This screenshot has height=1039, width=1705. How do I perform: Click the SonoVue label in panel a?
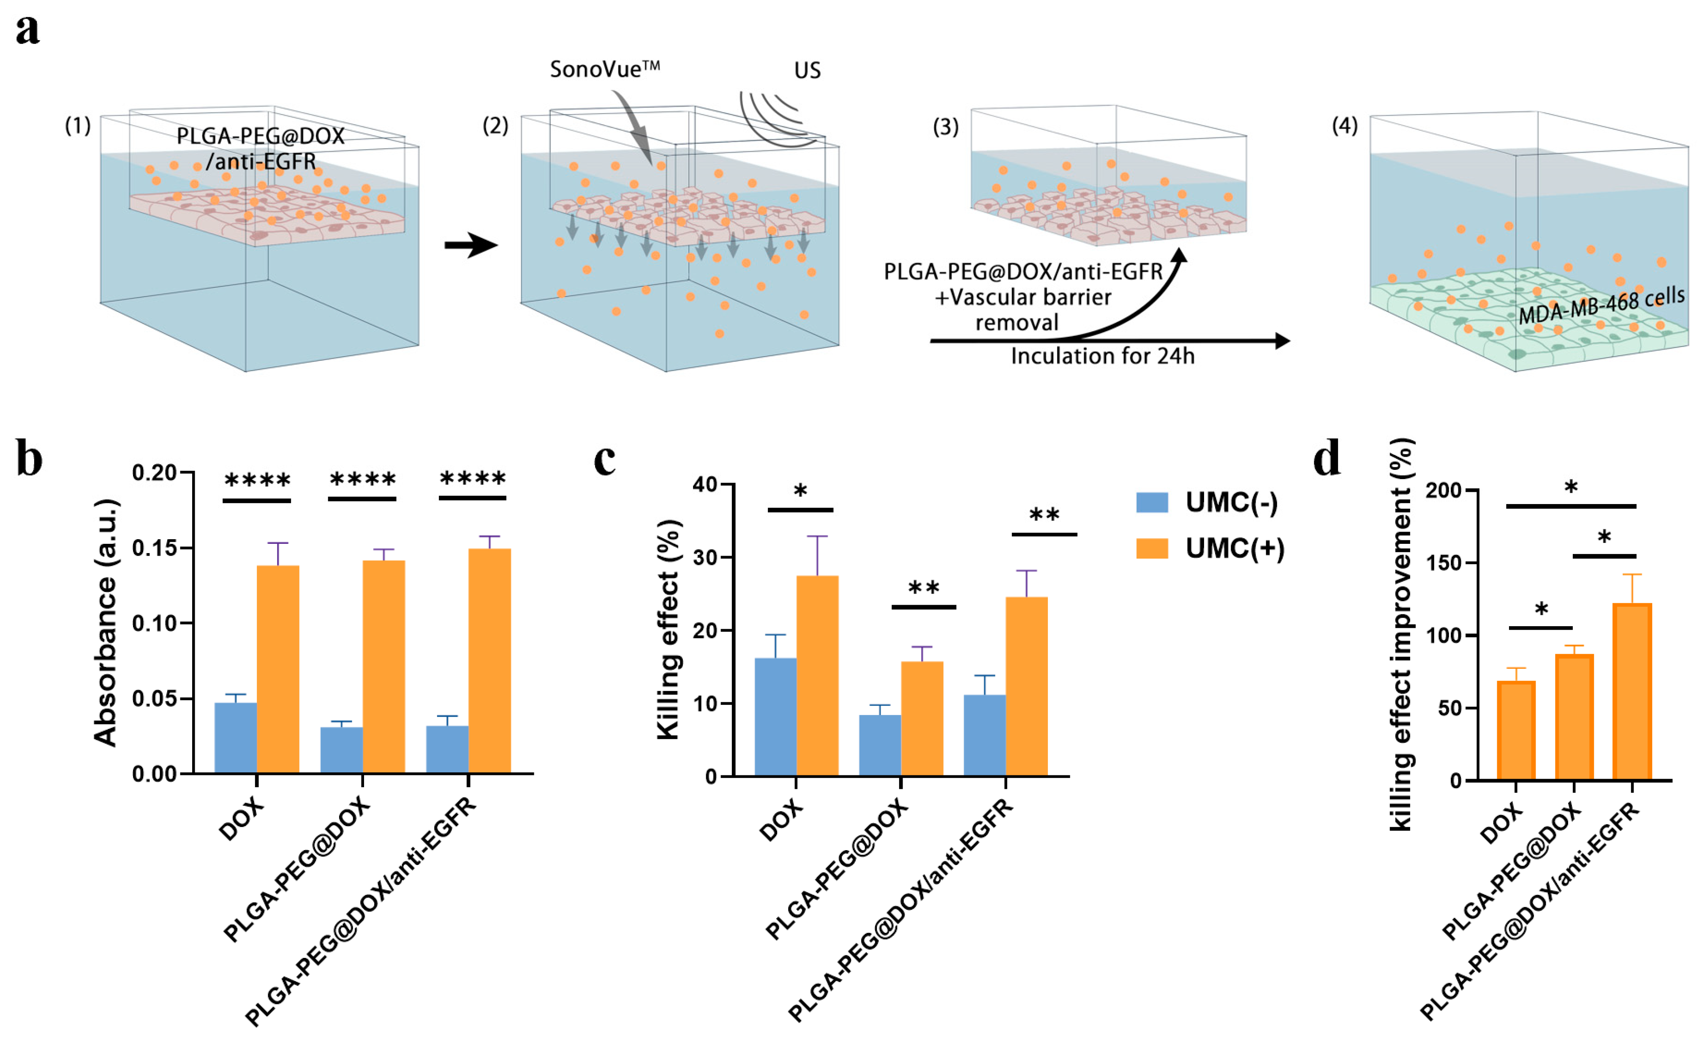[x=604, y=69]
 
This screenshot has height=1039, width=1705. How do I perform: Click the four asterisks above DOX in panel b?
[x=257, y=480]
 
